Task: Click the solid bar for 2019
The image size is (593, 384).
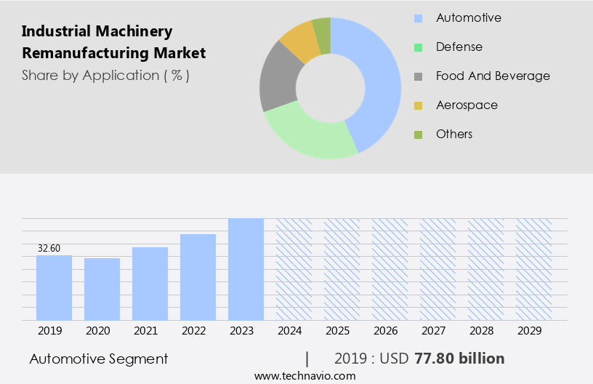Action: point(54,287)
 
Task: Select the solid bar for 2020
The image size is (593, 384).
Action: point(102,289)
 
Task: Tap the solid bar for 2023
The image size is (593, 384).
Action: point(246,269)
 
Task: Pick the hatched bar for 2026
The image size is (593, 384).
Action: point(390,269)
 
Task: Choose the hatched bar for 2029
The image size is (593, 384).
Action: point(533,269)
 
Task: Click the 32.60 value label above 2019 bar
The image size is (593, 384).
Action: point(49,249)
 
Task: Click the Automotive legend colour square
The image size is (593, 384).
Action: point(418,18)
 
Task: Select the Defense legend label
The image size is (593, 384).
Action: point(459,47)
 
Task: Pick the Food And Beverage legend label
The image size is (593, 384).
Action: point(493,76)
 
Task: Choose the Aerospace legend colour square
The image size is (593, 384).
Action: point(418,105)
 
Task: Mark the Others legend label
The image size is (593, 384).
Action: point(454,134)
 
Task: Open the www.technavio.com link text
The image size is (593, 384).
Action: point(305,376)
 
